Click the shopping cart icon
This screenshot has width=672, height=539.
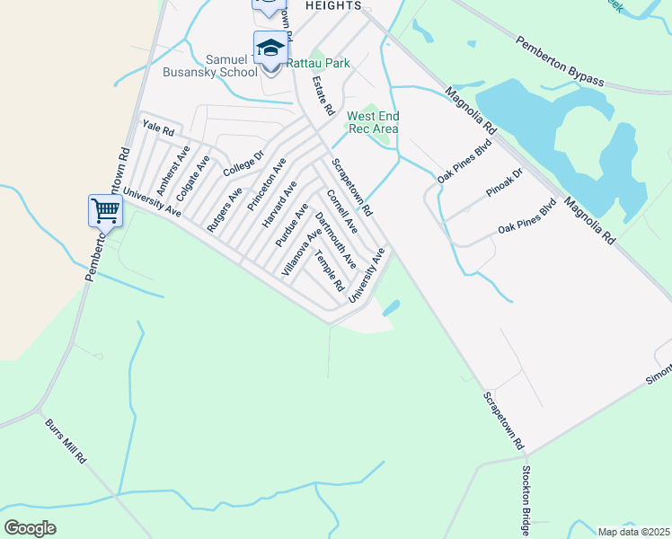tap(105, 211)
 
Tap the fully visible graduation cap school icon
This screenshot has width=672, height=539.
tap(270, 48)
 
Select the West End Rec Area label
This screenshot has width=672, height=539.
tap(373, 122)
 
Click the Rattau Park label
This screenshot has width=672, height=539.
tap(318, 63)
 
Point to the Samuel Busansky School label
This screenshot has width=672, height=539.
tap(209, 65)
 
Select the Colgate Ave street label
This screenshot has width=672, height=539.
tap(193, 178)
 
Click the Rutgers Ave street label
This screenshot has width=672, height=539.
tap(225, 210)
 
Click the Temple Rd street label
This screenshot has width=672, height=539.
tap(329, 269)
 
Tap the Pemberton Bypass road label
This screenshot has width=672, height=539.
tap(560, 61)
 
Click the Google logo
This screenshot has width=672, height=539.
tap(31, 528)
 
